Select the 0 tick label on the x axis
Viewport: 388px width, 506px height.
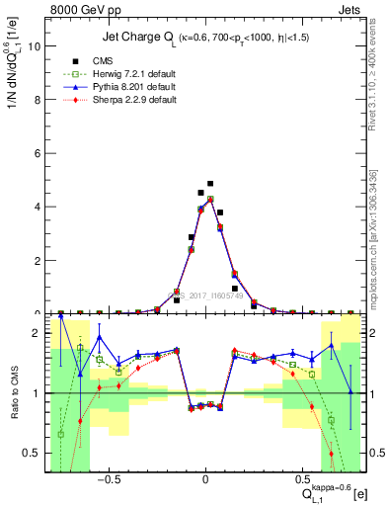tap(205, 472)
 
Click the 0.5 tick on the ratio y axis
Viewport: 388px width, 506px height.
tap(32, 453)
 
